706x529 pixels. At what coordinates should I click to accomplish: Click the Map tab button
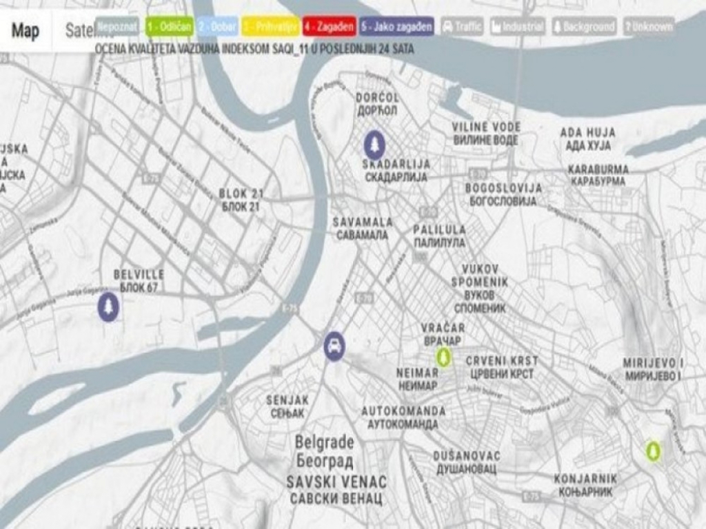[x=26, y=31]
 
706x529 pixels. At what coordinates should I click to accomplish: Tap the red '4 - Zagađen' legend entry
[x=328, y=27]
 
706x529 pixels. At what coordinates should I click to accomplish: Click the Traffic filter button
[x=462, y=27]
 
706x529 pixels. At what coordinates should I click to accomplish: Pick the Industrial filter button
[x=517, y=27]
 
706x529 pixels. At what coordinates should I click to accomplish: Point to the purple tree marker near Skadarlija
[x=374, y=144]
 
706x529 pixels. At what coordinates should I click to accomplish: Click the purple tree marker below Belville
[x=108, y=307]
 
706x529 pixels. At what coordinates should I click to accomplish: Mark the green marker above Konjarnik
[x=652, y=451]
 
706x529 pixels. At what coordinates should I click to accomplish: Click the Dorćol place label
[x=377, y=104]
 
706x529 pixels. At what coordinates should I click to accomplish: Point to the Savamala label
[x=362, y=229]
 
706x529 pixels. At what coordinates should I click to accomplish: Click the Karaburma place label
[x=597, y=175]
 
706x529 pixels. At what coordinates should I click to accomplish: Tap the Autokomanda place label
[x=403, y=417]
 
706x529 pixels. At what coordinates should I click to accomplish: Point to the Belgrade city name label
[x=325, y=450]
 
